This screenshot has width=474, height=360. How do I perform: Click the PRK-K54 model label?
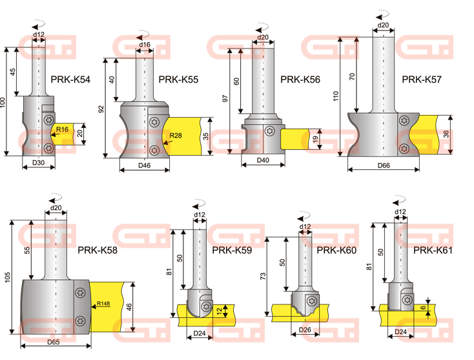click(x=70, y=79)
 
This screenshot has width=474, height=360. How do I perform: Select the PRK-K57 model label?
click(x=422, y=79)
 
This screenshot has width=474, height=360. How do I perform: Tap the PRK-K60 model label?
click(x=336, y=251)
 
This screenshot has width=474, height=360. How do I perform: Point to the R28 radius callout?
click(x=176, y=135)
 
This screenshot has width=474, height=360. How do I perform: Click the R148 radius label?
click(x=103, y=303)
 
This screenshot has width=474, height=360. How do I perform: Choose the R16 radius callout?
click(x=62, y=129)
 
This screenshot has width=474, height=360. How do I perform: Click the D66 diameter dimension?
click(x=384, y=165)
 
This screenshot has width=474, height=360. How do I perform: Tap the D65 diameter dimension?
click(x=54, y=342)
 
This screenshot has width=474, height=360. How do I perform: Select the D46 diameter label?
click(x=145, y=165)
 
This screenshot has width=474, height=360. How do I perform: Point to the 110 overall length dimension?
click(x=336, y=96)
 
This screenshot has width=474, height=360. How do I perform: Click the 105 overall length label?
click(x=8, y=277)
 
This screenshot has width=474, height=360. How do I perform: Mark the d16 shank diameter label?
click(x=145, y=45)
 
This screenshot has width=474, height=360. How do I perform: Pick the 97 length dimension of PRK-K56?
click(x=225, y=98)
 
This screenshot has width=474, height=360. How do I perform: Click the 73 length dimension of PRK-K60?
click(x=263, y=276)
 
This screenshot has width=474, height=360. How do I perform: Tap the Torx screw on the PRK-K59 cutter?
click(x=206, y=306)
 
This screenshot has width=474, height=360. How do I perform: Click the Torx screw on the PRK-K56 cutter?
click(x=269, y=131)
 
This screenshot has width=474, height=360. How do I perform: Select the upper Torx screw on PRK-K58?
click(x=80, y=293)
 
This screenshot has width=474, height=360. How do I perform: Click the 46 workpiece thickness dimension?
click(x=129, y=307)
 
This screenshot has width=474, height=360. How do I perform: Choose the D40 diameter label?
click(x=263, y=160)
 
